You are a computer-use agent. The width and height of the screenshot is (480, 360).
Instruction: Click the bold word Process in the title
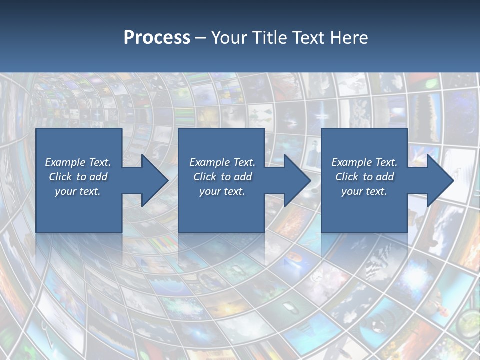[x=157, y=38]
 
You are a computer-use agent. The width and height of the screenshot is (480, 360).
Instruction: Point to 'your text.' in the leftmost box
[x=78, y=191]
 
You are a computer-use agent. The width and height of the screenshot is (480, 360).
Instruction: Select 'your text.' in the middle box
[x=222, y=191]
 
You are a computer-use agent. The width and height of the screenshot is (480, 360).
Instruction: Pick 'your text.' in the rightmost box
[x=364, y=191]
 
